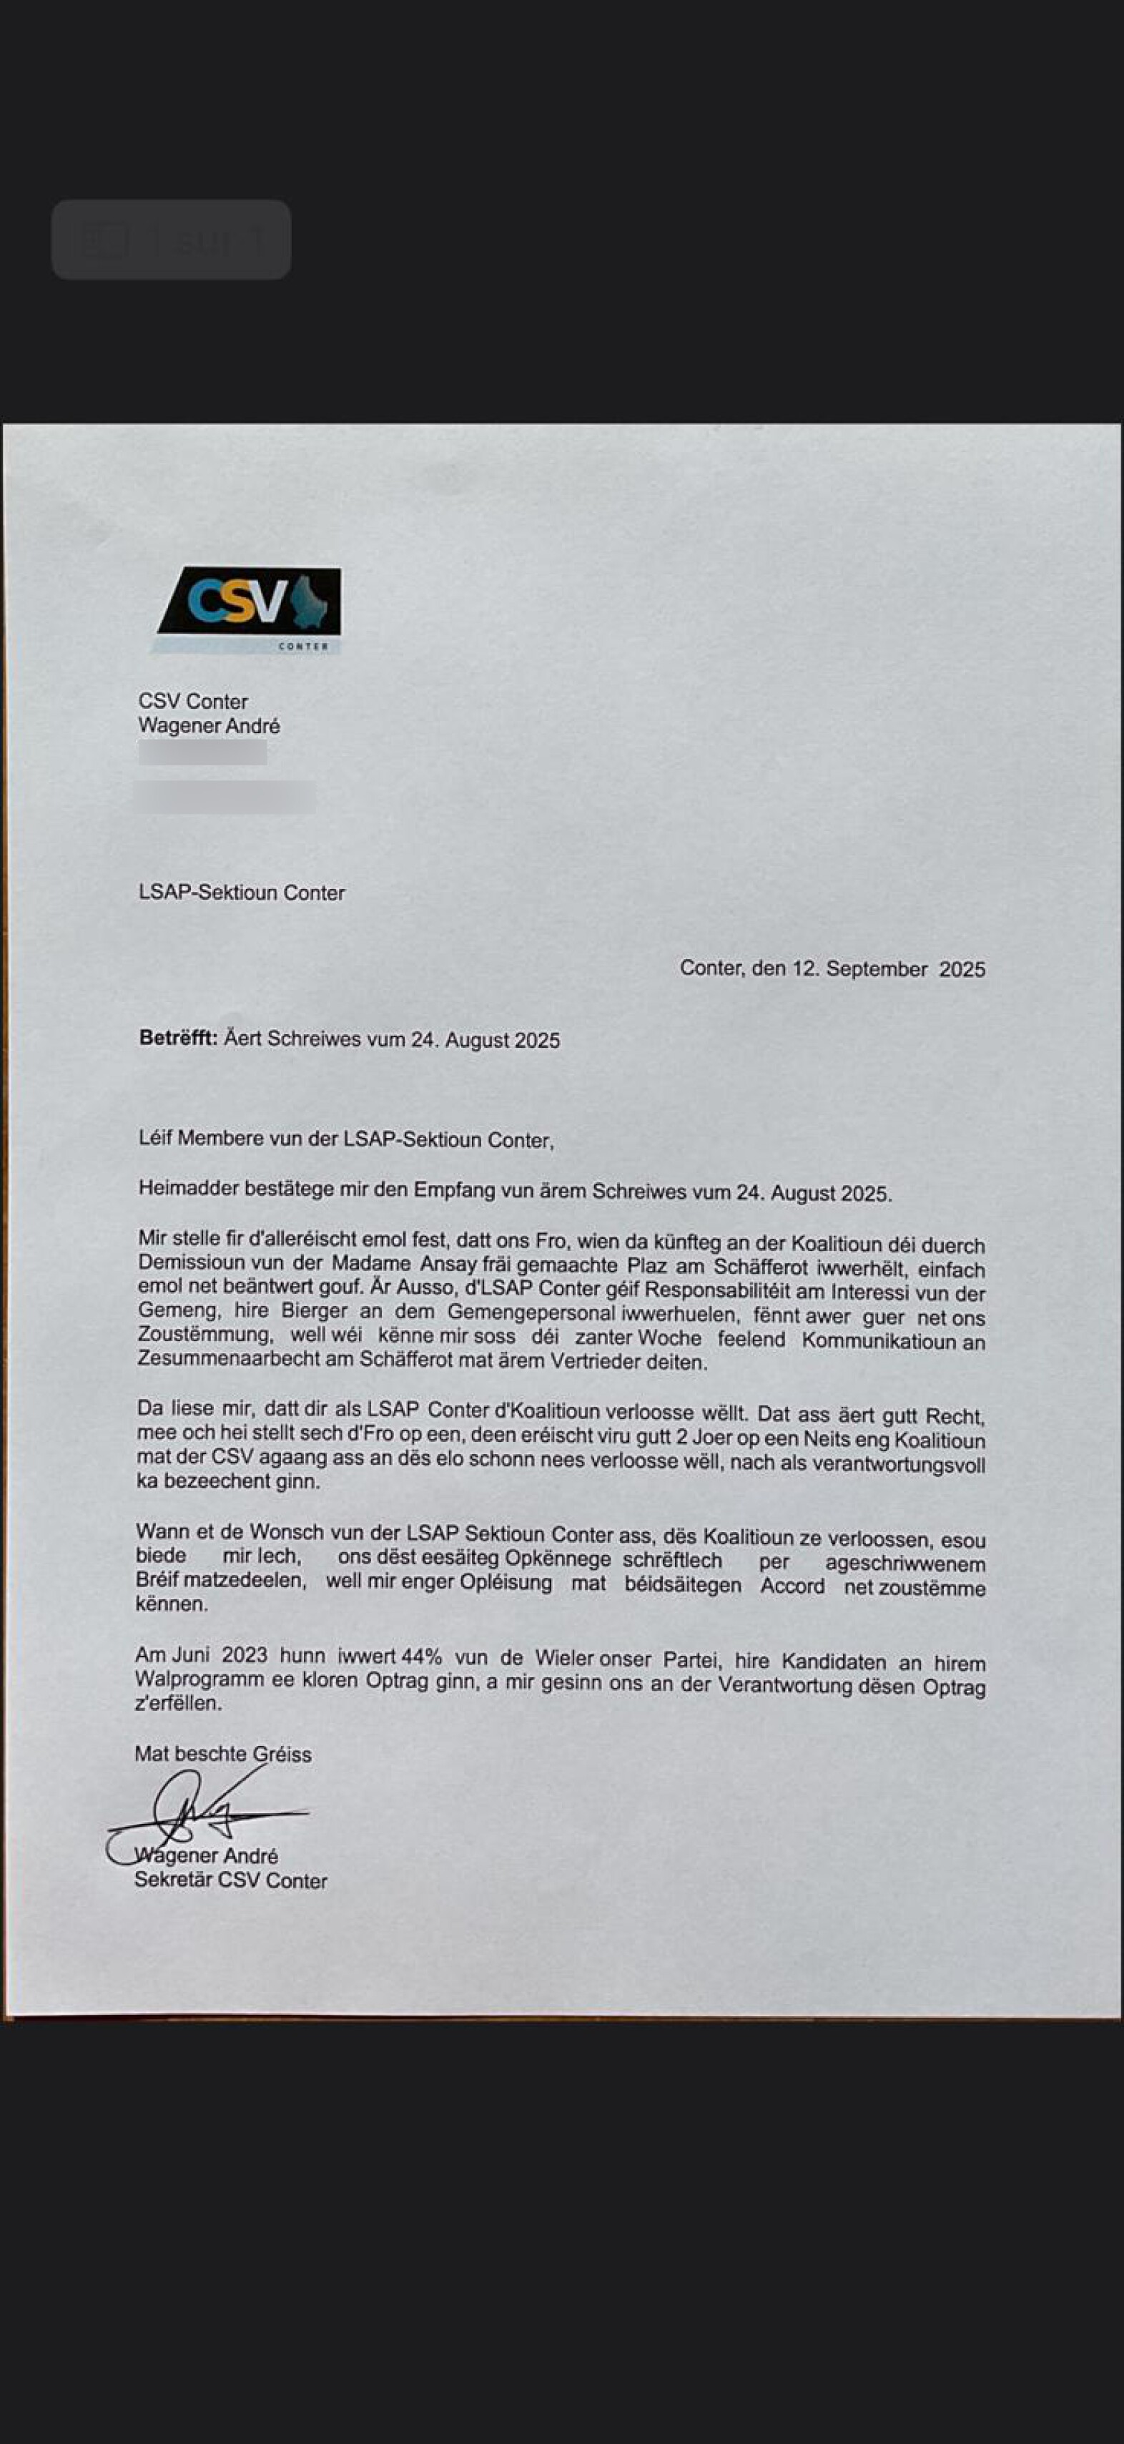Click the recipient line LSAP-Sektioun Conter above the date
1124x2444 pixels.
coord(242,893)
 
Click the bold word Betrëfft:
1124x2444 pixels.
coord(178,1038)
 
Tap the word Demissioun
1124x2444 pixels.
coord(189,1264)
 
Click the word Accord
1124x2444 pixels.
coord(792,1586)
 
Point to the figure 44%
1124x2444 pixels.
coord(421,1657)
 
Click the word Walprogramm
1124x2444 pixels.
coord(195,1679)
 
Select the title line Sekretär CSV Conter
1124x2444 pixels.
coord(230,1880)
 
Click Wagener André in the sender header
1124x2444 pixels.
coord(209,726)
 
